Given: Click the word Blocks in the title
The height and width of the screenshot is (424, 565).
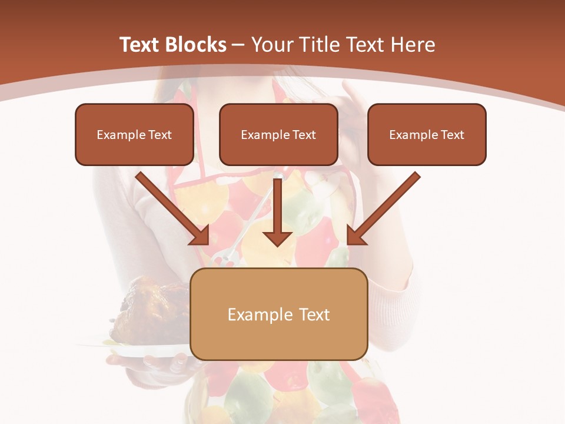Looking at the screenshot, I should [197, 45].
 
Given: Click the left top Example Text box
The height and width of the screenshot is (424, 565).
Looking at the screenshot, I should [134, 135].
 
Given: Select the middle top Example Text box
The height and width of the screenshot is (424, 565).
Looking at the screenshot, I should [278, 135].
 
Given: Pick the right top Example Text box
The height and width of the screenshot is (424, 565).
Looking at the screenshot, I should [427, 135].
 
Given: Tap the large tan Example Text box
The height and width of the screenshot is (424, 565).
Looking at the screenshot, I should [279, 314].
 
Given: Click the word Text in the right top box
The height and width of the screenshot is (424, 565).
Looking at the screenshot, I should [453, 135].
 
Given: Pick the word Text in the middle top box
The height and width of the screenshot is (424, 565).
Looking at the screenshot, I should [304, 135].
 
